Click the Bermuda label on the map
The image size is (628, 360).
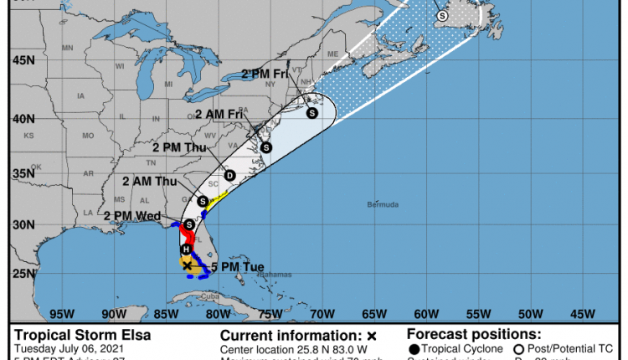(383, 204)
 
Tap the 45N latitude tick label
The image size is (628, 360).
(23, 60)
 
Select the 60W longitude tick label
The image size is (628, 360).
(425, 314)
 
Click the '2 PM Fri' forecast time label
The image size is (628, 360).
(265, 74)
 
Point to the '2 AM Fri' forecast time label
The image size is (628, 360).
(220, 114)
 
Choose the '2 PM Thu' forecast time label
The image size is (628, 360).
(178, 147)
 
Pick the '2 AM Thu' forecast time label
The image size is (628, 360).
(149, 181)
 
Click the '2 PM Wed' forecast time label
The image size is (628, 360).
(132, 216)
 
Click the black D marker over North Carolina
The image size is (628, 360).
(229, 175)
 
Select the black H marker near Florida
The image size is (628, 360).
(186, 249)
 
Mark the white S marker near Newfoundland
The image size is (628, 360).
(442, 15)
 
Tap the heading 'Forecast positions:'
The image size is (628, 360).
(474, 334)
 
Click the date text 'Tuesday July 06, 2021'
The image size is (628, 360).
(66, 348)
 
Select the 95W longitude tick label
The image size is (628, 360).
(61, 314)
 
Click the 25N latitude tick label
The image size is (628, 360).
(23, 274)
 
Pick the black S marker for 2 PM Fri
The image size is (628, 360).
(311, 112)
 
